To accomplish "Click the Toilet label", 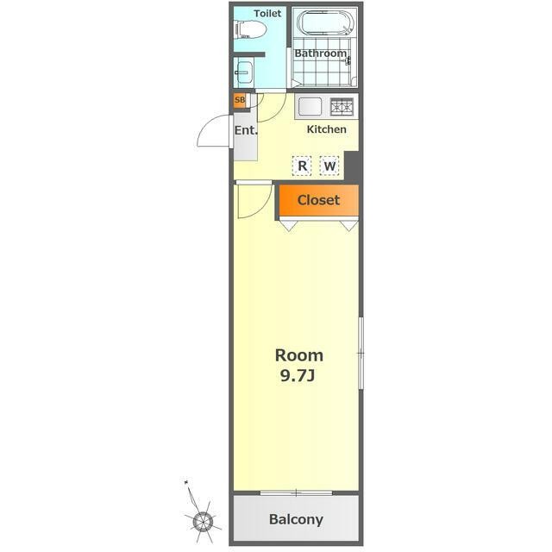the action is coord(267,14).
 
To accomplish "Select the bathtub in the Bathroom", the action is coord(324,22).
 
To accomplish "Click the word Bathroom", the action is coord(320,53).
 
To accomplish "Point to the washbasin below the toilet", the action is coord(243,72).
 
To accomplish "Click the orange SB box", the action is coord(240,100).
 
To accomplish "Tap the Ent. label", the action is coord(246,130).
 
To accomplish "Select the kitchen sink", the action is coord(310,106).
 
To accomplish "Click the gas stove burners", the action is coord(342,107).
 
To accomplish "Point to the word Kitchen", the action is coord(326,129).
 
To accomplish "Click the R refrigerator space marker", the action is coord(302,166).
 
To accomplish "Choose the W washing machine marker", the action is coord(329,166).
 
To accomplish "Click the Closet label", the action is coord(318,200).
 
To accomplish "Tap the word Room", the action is coord(299,355).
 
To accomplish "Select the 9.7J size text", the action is coord(298,376).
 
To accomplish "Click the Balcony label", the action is coord(296,519).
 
